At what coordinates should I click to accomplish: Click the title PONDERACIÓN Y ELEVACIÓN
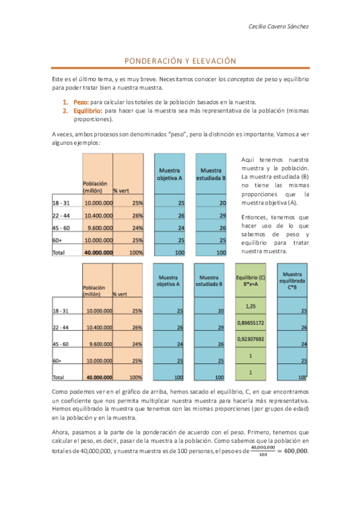(180, 61)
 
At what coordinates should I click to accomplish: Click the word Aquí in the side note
(248, 159)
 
